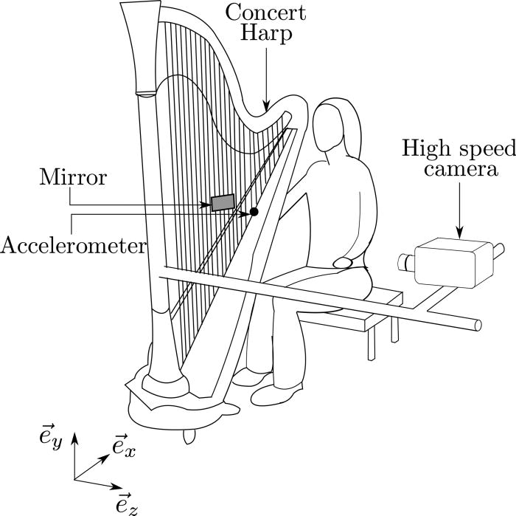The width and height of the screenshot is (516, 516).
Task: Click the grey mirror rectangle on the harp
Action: click(223, 202)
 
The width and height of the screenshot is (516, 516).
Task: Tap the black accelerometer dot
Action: click(254, 212)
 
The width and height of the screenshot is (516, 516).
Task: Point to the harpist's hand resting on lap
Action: click(345, 261)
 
